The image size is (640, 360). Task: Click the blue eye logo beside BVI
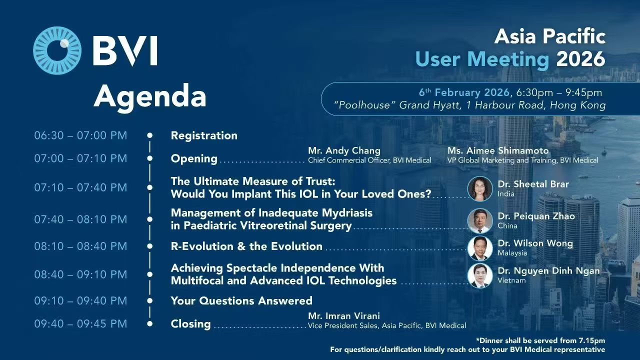coord(57,50)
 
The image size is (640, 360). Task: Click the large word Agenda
coord(150,97)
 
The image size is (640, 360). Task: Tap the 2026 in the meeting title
coord(581,59)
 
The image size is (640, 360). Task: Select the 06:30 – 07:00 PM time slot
coord(80,135)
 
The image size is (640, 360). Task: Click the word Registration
coord(204,135)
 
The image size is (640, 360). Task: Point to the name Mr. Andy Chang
coord(344,150)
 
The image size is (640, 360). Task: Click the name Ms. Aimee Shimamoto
coord(498,150)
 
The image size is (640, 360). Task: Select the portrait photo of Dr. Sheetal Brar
coord(480,189)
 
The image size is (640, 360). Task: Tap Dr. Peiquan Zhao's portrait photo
coord(480,221)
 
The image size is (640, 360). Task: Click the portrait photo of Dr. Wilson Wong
coord(480,248)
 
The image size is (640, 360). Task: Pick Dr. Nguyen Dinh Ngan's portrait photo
coord(480,275)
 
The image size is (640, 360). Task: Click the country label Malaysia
coord(512,253)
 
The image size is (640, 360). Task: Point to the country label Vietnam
coord(511,280)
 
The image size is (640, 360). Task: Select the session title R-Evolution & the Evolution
coord(246,246)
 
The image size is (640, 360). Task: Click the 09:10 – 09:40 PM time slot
coord(80,300)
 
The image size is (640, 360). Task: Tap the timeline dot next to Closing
coord(149,323)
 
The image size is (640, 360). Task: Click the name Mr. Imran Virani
coord(344,315)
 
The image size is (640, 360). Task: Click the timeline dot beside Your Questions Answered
coord(149,300)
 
